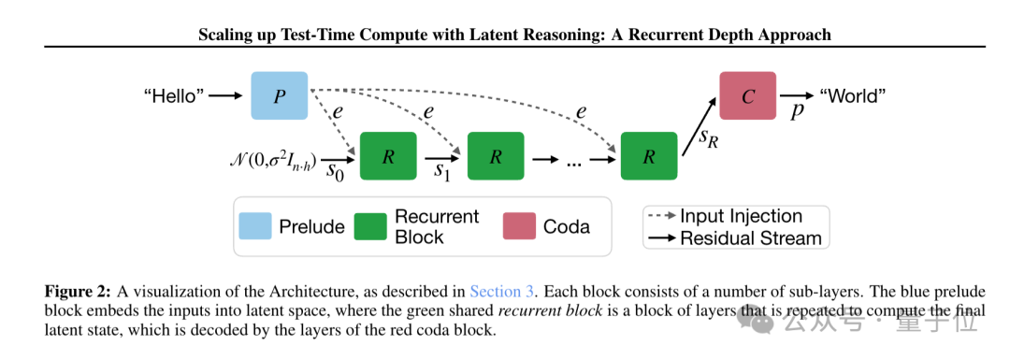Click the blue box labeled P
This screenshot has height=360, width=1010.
(x=279, y=96)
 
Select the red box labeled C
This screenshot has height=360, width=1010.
(x=747, y=96)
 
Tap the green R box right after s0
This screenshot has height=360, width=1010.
(x=388, y=156)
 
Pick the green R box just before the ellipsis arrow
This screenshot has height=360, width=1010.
(x=496, y=156)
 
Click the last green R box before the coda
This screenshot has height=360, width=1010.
(x=649, y=156)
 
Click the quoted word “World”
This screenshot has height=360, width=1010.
(x=852, y=96)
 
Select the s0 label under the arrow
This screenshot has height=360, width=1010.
(x=335, y=171)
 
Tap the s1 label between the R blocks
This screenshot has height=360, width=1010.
(x=441, y=171)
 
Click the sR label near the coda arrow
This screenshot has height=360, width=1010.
(x=708, y=137)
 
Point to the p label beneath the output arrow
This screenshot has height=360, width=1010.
(x=797, y=110)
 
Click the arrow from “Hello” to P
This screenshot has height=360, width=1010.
(x=226, y=96)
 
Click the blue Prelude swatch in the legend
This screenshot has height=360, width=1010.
(x=255, y=225)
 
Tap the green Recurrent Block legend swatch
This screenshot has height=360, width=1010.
(x=370, y=225)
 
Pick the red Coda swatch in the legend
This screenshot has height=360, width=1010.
(x=519, y=225)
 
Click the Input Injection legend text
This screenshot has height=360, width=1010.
(x=741, y=216)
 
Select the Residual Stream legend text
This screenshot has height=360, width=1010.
(x=751, y=238)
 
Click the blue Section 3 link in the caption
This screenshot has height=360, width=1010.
(x=502, y=291)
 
